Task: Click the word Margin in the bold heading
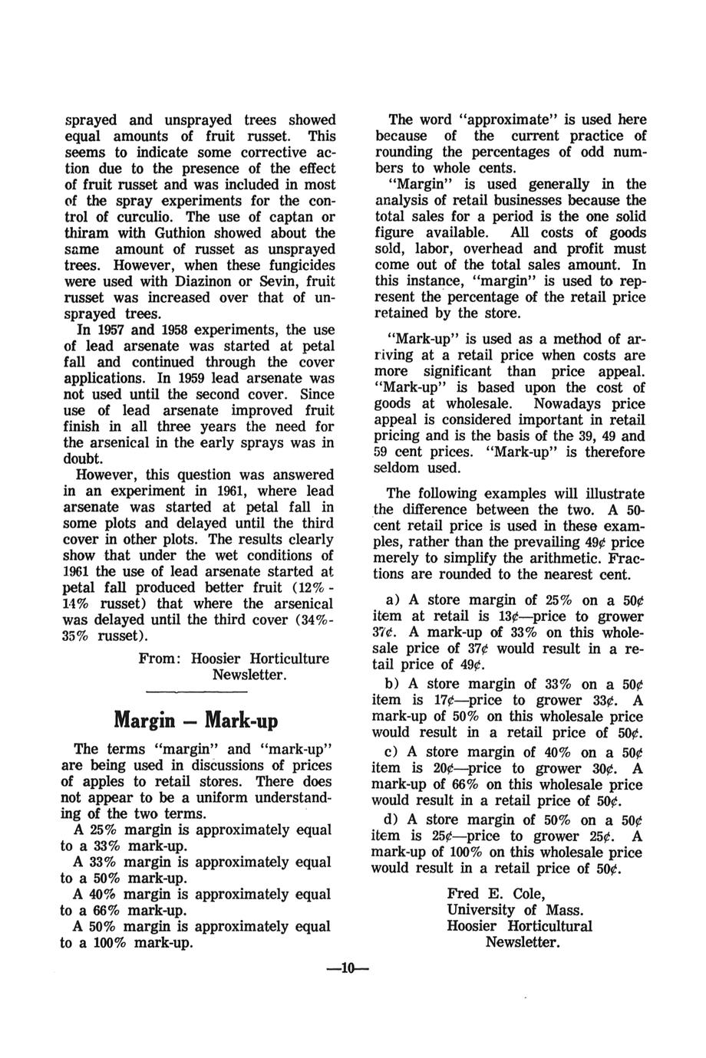coord(144,721)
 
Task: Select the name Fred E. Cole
coord(496,894)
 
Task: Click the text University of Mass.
coord(514,910)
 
